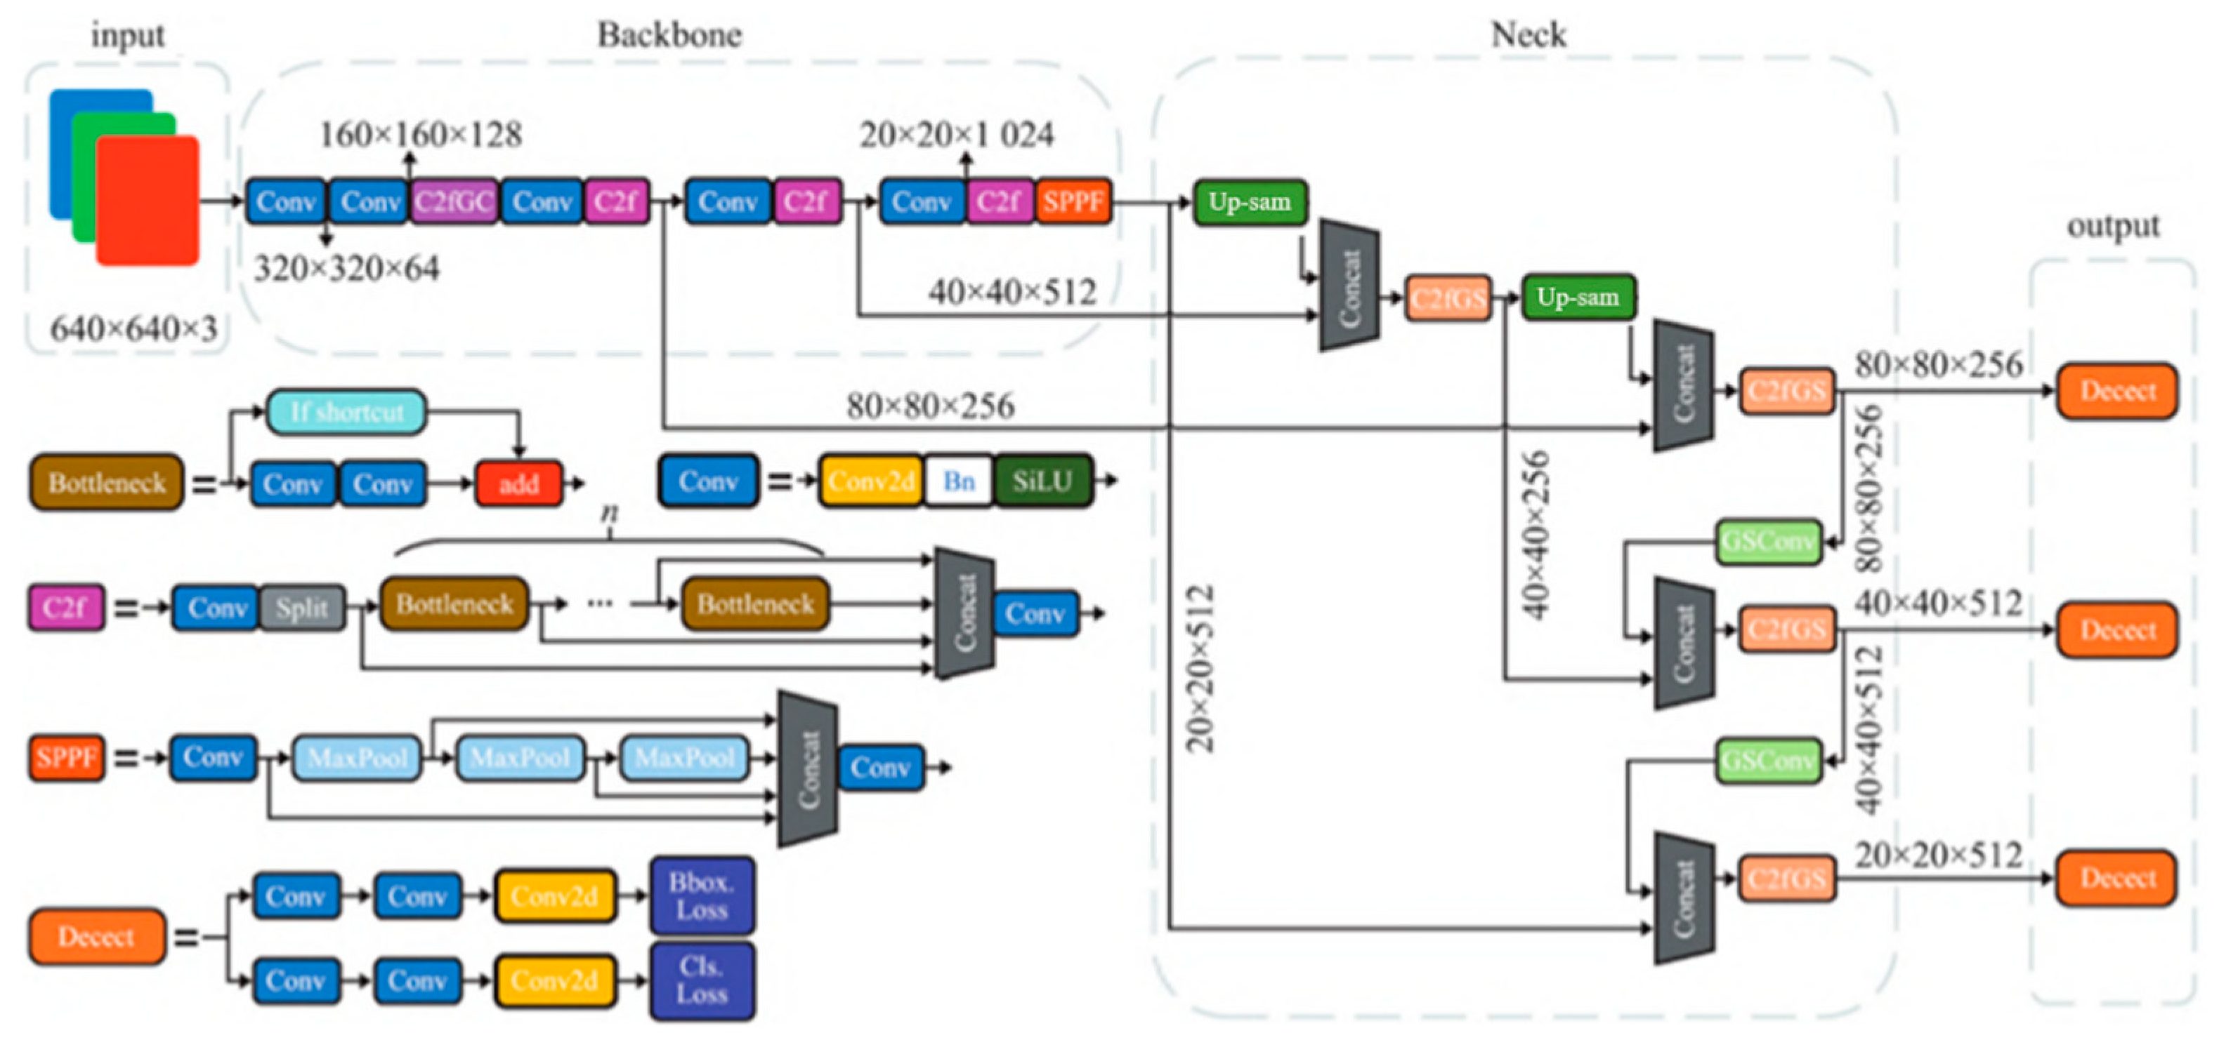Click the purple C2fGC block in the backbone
tap(454, 202)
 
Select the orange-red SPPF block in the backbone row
tap(1073, 202)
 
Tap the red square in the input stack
tap(148, 201)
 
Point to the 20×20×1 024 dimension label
tap(956, 134)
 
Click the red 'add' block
tap(518, 483)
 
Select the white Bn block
tap(958, 481)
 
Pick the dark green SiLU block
tap(1042, 481)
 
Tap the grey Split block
tap(301, 608)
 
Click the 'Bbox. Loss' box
tap(701, 896)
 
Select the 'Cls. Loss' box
tap(701, 980)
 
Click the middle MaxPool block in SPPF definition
tap(521, 758)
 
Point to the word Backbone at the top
tap(669, 35)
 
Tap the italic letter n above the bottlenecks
tap(609, 513)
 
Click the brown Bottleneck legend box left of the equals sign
tap(107, 483)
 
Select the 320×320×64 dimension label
tap(346, 269)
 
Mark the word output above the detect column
tap(2112, 227)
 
